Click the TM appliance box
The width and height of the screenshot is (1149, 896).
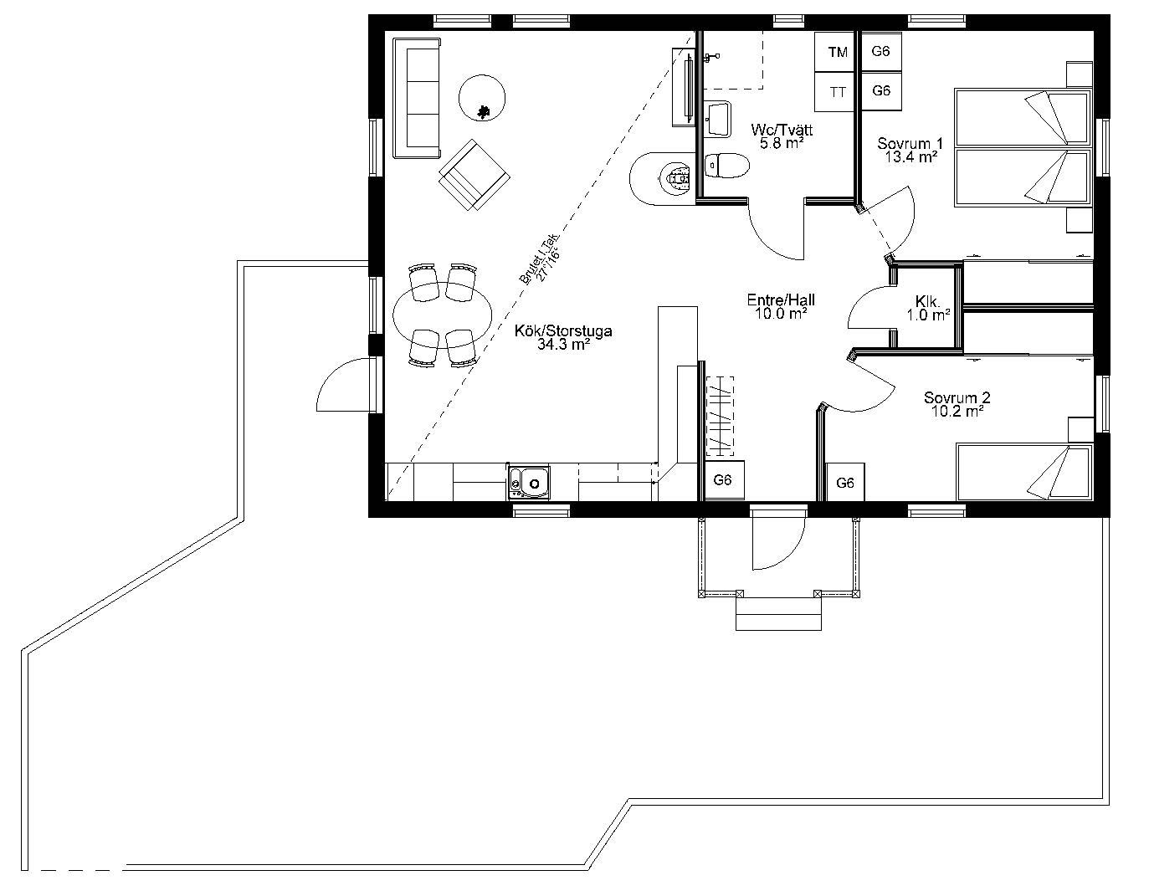click(x=835, y=52)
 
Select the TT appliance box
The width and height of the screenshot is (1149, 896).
click(x=835, y=92)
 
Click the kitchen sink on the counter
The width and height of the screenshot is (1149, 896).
click(x=529, y=483)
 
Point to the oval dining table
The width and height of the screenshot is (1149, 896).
click(x=442, y=315)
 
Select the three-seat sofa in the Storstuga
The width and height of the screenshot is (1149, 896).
click(x=418, y=98)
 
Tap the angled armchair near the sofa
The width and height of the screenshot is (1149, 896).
click(x=474, y=175)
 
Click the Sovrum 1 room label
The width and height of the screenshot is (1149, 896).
click(x=910, y=150)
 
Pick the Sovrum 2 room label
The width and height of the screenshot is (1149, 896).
click(x=957, y=404)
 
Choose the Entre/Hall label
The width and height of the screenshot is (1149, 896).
click(x=781, y=306)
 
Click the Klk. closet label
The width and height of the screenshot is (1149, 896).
click(x=928, y=309)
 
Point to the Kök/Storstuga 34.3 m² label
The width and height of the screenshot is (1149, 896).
click(x=563, y=338)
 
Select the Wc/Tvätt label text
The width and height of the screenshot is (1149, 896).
click(x=782, y=130)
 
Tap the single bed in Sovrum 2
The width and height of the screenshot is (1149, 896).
click(x=1024, y=472)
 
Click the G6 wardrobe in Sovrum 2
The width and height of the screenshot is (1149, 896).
click(x=845, y=482)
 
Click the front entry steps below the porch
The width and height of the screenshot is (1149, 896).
click(x=778, y=613)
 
